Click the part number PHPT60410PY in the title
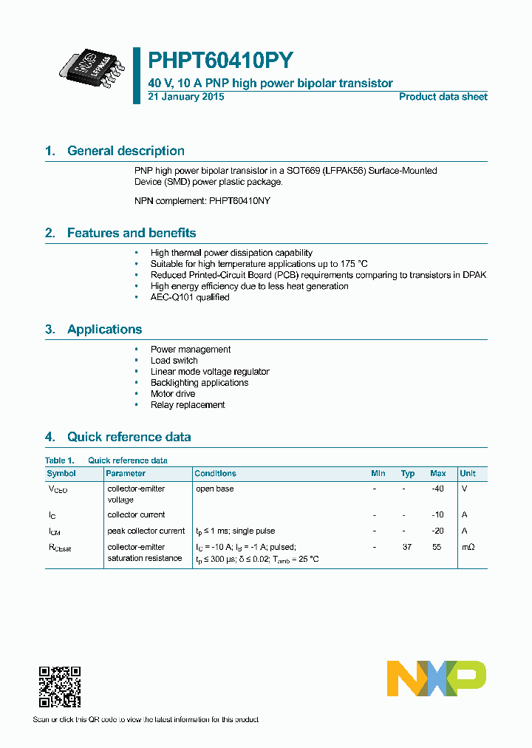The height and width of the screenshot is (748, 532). tap(221, 61)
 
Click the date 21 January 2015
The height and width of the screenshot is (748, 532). tap(186, 97)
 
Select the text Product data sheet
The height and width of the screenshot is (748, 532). tap(443, 97)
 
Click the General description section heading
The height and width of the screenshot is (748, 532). tap(126, 151)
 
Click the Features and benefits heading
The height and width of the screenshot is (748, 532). tap(132, 233)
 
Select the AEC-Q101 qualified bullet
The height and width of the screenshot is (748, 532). tap(190, 297)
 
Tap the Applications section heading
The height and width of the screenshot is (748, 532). tap(104, 330)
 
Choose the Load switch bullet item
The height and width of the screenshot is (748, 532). tap(174, 361)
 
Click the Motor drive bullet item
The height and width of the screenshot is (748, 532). tap(173, 394)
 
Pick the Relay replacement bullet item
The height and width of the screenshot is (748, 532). tap(188, 405)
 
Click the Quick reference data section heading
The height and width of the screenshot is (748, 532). tap(129, 437)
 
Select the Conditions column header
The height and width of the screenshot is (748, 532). tap(215, 473)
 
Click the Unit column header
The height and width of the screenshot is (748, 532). tap(468, 473)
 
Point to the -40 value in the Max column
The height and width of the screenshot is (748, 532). tap(437, 489)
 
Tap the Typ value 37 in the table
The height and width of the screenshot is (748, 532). tap(407, 547)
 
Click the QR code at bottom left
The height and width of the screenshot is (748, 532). tap(59, 687)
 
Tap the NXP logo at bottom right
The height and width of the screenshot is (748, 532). tap(437, 678)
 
